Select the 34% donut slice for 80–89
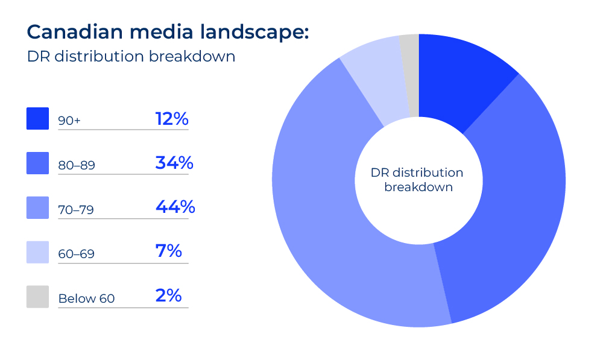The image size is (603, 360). tap(513, 199)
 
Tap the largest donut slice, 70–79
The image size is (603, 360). tap(338, 229)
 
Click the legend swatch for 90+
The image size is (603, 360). tap(37, 119)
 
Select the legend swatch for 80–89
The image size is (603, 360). tap(37, 163)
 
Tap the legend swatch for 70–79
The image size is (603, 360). tap(37, 208)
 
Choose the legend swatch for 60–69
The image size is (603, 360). tap(37, 252)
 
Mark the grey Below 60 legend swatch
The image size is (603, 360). tap(37, 297)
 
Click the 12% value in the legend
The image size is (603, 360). tap(172, 119)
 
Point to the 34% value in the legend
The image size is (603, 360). tap(174, 163)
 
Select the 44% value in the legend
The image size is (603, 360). tap(175, 207)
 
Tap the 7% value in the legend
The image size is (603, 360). tap(168, 251)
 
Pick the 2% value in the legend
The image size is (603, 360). tap(168, 295)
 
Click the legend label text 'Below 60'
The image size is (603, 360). tap(86, 298)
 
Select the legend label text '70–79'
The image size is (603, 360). tap(76, 210)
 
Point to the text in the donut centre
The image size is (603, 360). tap(418, 180)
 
